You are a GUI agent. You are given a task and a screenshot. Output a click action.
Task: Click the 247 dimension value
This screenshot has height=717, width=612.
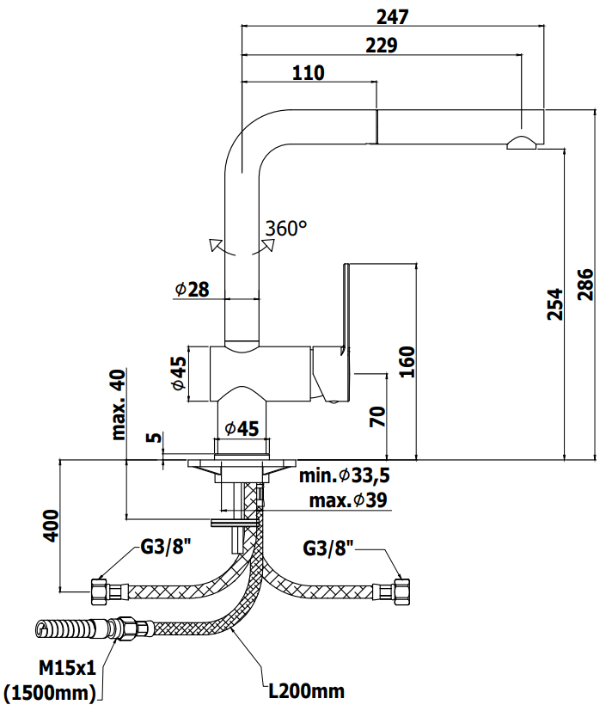(x=392, y=17)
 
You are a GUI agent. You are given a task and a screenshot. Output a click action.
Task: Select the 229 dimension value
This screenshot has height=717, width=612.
(x=382, y=46)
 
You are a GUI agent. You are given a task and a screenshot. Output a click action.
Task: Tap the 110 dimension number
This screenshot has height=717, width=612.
(x=309, y=73)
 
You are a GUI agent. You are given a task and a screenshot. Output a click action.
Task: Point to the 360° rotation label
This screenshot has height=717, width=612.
(x=286, y=228)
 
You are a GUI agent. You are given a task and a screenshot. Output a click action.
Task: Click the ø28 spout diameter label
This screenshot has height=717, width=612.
(x=192, y=289)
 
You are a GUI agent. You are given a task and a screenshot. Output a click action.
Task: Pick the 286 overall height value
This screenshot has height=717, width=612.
(x=585, y=285)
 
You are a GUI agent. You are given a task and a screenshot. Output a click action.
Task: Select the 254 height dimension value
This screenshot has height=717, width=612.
(x=555, y=304)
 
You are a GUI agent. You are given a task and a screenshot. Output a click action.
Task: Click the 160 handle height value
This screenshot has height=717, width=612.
(x=407, y=361)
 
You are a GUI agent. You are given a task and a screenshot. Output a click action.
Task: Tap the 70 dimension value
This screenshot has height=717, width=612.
(x=377, y=417)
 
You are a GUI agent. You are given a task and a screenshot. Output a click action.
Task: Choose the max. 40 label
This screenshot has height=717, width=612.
(x=119, y=404)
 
